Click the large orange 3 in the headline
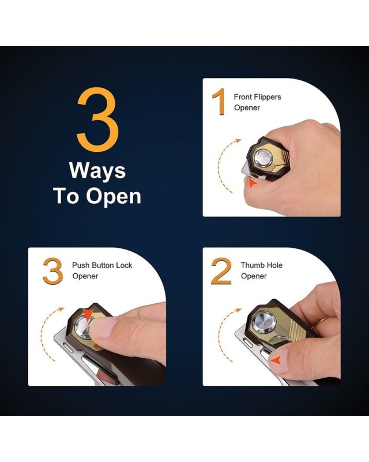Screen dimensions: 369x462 coord(98,120)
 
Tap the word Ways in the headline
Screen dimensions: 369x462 coord(97,171)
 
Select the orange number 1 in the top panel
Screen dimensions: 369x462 coord(219,102)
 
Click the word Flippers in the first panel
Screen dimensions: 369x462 coord(268,97)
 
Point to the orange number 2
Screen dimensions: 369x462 coord(221,271)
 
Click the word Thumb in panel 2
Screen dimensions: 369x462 coord(251,265)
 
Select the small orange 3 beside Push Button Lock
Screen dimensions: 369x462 coord(53,271)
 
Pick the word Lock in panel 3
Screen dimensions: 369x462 coord(124,265)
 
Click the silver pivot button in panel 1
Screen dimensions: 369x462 coord(263,157)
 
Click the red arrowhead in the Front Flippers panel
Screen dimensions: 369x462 coord(253,183)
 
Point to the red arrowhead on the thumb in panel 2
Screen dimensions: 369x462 coord(276,360)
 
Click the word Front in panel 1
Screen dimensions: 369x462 coord(243,97)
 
